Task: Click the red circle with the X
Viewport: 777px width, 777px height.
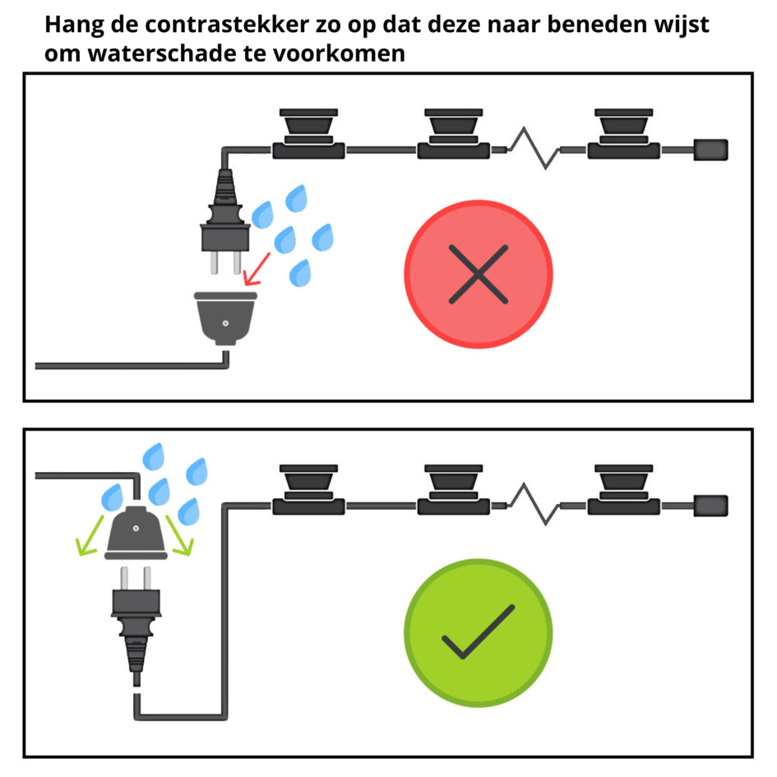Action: (478, 275)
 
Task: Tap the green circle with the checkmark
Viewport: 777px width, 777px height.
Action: (478, 631)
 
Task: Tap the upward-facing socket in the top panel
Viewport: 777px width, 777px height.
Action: (224, 318)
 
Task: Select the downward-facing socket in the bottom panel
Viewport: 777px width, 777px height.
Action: (136, 531)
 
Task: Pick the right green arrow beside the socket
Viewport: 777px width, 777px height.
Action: (180, 534)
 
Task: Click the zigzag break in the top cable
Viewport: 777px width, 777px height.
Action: (533, 148)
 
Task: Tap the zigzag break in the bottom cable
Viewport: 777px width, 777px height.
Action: (533, 502)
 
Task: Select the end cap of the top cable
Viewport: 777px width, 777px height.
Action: (710, 150)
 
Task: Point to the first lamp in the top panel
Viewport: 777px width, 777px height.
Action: (308, 132)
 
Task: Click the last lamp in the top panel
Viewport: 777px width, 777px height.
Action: (624, 132)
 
